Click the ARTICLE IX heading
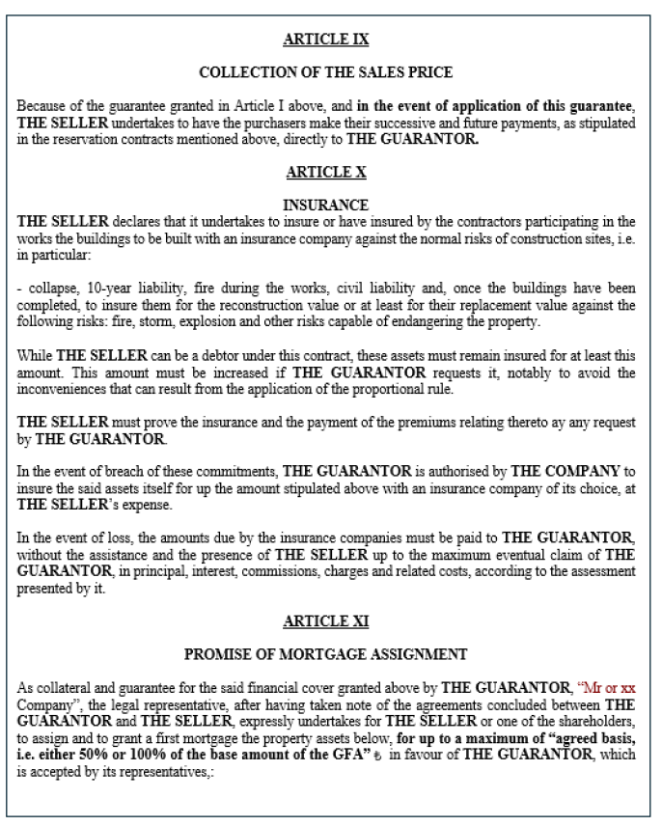[x=330, y=41]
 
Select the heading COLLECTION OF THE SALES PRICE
[x=330, y=72]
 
